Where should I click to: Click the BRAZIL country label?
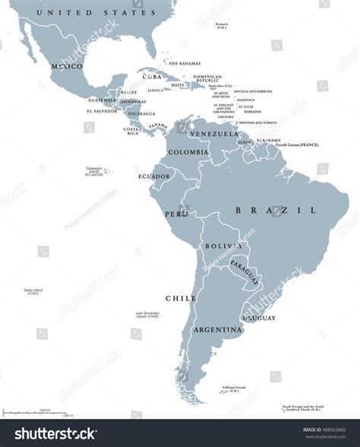click(x=275, y=210)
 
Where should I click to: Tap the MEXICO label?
click(x=65, y=66)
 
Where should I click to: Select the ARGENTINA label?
click(x=217, y=330)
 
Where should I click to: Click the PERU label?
click(x=176, y=214)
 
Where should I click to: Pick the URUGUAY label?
click(x=260, y=318)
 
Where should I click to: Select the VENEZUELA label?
click(x=208, y=134)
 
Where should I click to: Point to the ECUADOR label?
click(x=154, y=176)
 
